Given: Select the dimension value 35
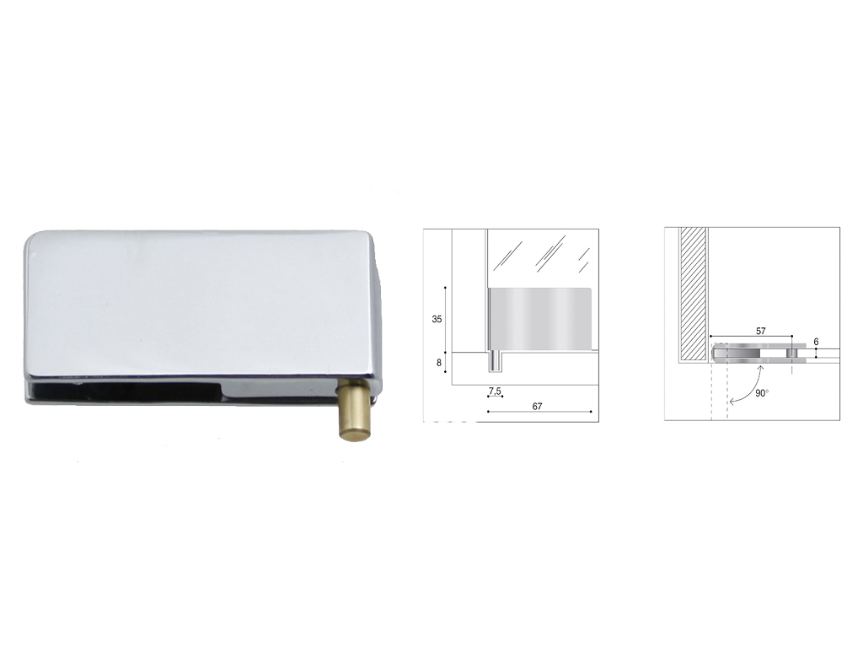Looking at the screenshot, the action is (x=437, y=320).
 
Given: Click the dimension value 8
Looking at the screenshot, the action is (x=438, y=363).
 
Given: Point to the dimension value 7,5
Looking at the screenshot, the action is (x=495, y=391).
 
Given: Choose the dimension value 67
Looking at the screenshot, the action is (x=538, y=407).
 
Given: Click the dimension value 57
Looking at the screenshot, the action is (x=760, y=331).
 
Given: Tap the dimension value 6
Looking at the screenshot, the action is (x=816, y=342).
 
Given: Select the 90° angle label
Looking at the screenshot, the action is (x=762, y=393).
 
